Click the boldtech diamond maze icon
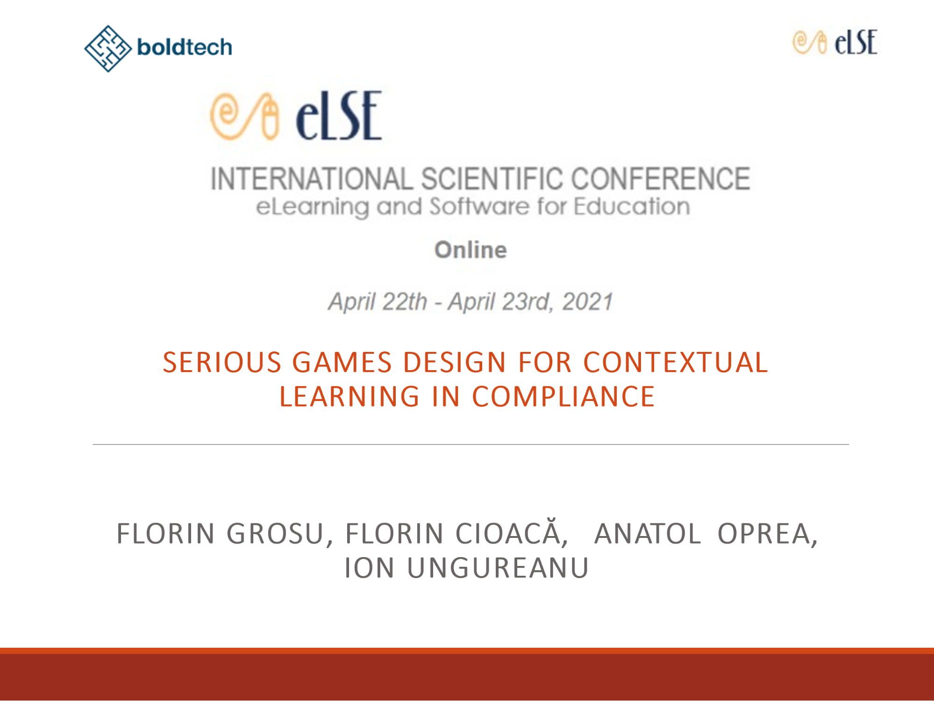click(x=108, y=49)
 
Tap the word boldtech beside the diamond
click(x=185, y=47)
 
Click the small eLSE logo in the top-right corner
click(x=835, y=42)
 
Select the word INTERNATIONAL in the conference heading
click(x=312, y=179)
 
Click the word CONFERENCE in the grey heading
click(x=661, y=179)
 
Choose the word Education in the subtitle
click(x=632, y=206)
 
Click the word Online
click(x=471, y=250)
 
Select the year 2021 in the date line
click(x=587, y=301)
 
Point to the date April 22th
click(x=378, y=301)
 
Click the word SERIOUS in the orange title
click(x=222, y=362)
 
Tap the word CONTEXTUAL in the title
click(x=676, y=362)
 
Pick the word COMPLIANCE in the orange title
click(x=563, y=396)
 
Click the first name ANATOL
click(x=648, y=534)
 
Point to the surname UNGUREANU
click(x=498, y=568)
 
